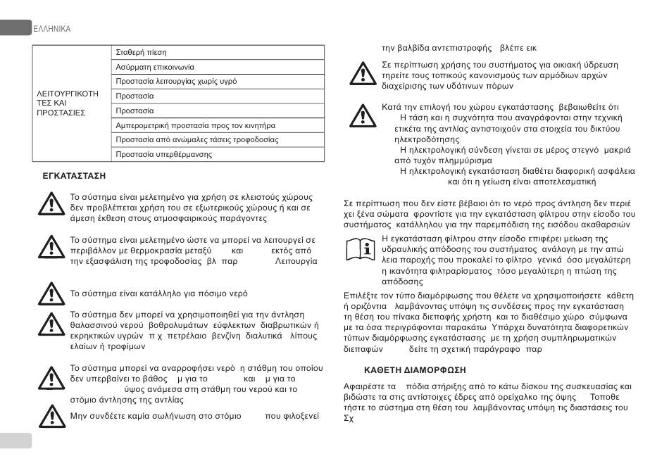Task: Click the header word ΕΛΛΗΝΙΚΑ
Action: point(52,29)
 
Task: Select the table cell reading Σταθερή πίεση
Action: point(141,53)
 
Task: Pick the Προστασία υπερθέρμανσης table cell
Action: point(164,154)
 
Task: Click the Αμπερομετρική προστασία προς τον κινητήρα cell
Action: point(195,125)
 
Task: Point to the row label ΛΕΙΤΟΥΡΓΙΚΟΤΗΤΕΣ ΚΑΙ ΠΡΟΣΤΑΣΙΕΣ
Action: point(67,103)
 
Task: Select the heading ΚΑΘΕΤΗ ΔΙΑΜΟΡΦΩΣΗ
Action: point(415,369)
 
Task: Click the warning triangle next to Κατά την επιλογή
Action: point(363,115)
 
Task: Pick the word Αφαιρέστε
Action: point(367,386)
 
